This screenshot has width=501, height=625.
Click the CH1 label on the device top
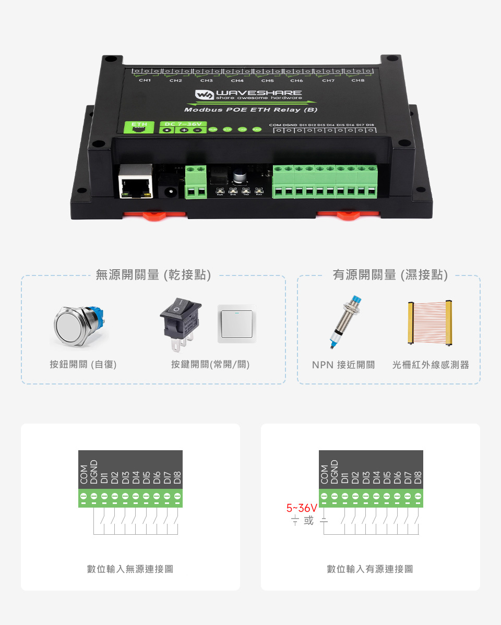click(145, 81)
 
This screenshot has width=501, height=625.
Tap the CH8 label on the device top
click(357, 81)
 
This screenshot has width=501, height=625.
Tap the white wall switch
click(237, 324)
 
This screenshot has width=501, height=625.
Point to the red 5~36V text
click(302, 508)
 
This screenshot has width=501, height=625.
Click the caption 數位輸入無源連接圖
click(130, 569)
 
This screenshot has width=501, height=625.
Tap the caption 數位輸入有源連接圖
click(370, 569)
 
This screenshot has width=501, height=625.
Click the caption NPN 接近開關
click(343, 365)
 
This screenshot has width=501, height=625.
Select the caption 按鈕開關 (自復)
click(83, 365)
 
